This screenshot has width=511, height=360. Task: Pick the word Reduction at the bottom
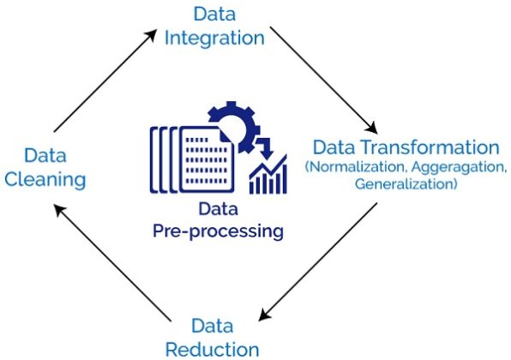click(x=212, y=348)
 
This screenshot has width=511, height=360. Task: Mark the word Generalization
click(x=406, y=183)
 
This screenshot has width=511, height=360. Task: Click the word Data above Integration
click(x=213, y=15)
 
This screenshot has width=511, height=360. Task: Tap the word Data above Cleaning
click(x=45, y=155)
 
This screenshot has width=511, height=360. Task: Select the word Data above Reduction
click(x=211, y=326)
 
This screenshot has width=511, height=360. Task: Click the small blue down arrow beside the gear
click(x=263, y=147)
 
